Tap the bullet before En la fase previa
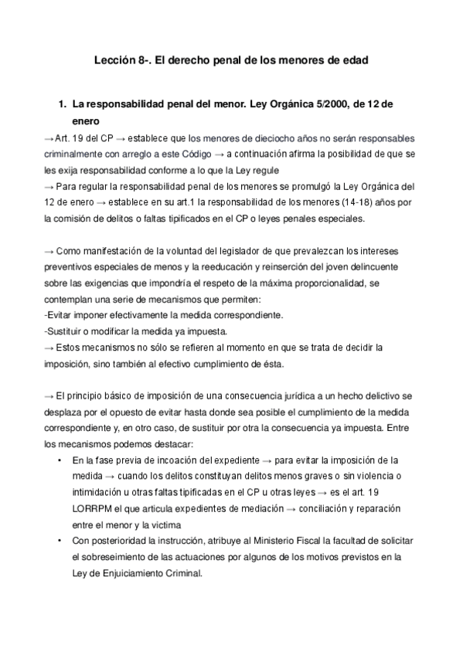[x=60, y=461]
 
